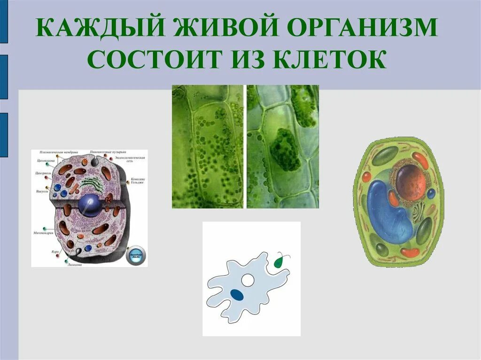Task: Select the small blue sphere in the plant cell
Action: click(431, 193)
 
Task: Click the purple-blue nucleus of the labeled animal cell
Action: click(89, 206)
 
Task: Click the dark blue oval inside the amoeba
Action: click(238, 294)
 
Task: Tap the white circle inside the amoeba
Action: click(247, 281)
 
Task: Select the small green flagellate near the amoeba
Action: click(279, 261)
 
